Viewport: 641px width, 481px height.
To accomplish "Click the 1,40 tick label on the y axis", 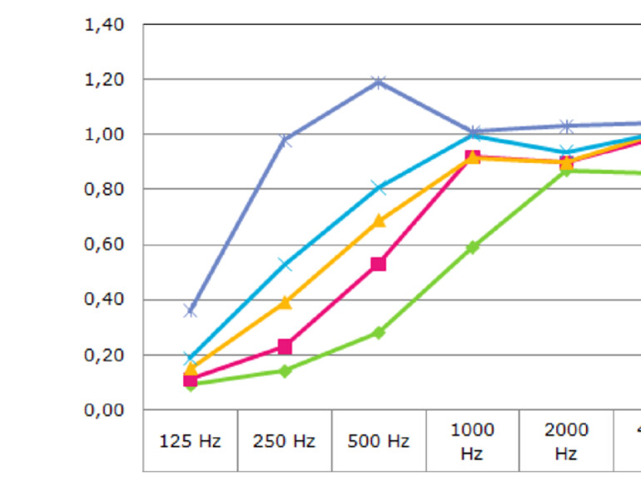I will pyautogui.click(x=104, y=25).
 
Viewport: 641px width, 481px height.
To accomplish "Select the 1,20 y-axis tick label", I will pyautogui.click(x=104, y=80).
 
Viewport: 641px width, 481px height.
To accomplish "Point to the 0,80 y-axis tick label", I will pyautogui.click(x=104, y=190).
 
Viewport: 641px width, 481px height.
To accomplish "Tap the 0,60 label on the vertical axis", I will pyautogui.click(x=104, y=245).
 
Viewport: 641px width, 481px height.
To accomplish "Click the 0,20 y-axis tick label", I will pyautogui.click(x=104, y=355).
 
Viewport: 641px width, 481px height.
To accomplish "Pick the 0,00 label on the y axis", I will pyautogui.click(x=104, y=410).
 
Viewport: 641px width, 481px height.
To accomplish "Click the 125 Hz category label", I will pyautogui.click(x=190, y=441).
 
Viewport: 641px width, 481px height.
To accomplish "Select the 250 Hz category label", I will pyautogui.click(x=284, y=441).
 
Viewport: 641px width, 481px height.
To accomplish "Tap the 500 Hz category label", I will pyautogui.click(x=378, y=441).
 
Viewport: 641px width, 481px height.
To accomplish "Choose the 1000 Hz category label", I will pyautogui.click(x=472, y=441).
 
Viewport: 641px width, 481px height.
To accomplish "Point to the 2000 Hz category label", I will pyautogui.click(x=566, y=441).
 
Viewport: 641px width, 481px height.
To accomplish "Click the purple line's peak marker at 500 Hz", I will pyautogui.click(x=379, y=82).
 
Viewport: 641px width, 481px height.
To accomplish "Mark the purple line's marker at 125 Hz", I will pyautogui.click(x=191, y=310).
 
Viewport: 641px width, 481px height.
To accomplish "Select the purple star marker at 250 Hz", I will pyautogui.click(x=285, y=140).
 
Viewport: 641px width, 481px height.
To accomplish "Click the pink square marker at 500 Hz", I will pyautogui.click(x=379, y=264).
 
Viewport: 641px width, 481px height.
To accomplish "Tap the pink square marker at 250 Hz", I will pyautogui.click(x=285, y=346).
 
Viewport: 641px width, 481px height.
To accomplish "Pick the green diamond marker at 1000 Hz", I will pyautogui.click(x=473, y=247).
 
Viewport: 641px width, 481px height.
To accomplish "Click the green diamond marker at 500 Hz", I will pyautogui.click(x=379, y=333).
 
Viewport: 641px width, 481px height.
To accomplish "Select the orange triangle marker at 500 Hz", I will pyautogui.click(x=379, y=221).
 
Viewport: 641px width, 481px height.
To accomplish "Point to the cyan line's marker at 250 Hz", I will pyautogui.click(x=285, y=265).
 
